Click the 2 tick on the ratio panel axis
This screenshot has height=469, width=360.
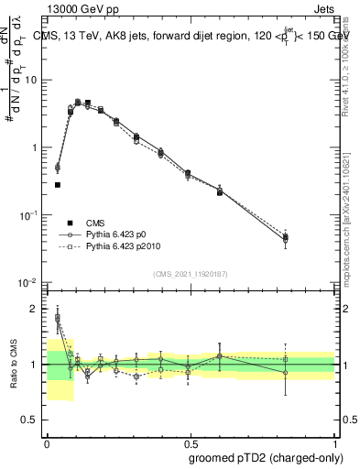tap(38, 309)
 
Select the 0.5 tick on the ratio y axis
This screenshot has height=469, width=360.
tap(33, 420)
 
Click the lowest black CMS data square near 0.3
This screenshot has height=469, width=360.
tap(58, 185)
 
